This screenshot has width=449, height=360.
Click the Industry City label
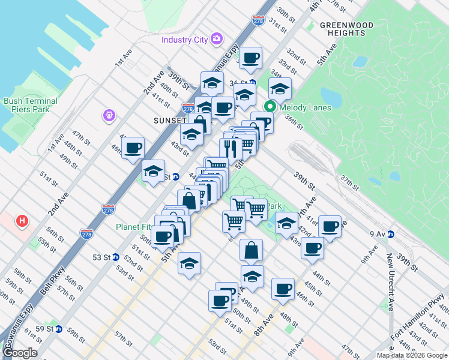point(184,40)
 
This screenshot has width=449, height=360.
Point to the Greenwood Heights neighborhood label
point(346,29)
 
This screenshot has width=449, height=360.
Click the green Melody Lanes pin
point(270,107)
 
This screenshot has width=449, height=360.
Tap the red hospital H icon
point(22,221)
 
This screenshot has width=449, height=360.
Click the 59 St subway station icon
point(58,329)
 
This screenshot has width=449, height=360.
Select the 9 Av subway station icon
point(390,234)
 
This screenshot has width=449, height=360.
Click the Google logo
point(20,353)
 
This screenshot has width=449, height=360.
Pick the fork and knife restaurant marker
point(231,148)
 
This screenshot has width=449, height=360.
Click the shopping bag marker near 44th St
point(251,250)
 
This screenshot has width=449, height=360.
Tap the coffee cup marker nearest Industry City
point(250,58)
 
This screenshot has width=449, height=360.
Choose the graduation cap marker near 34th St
point(279,89)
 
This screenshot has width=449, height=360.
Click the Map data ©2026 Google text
point(411,355)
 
